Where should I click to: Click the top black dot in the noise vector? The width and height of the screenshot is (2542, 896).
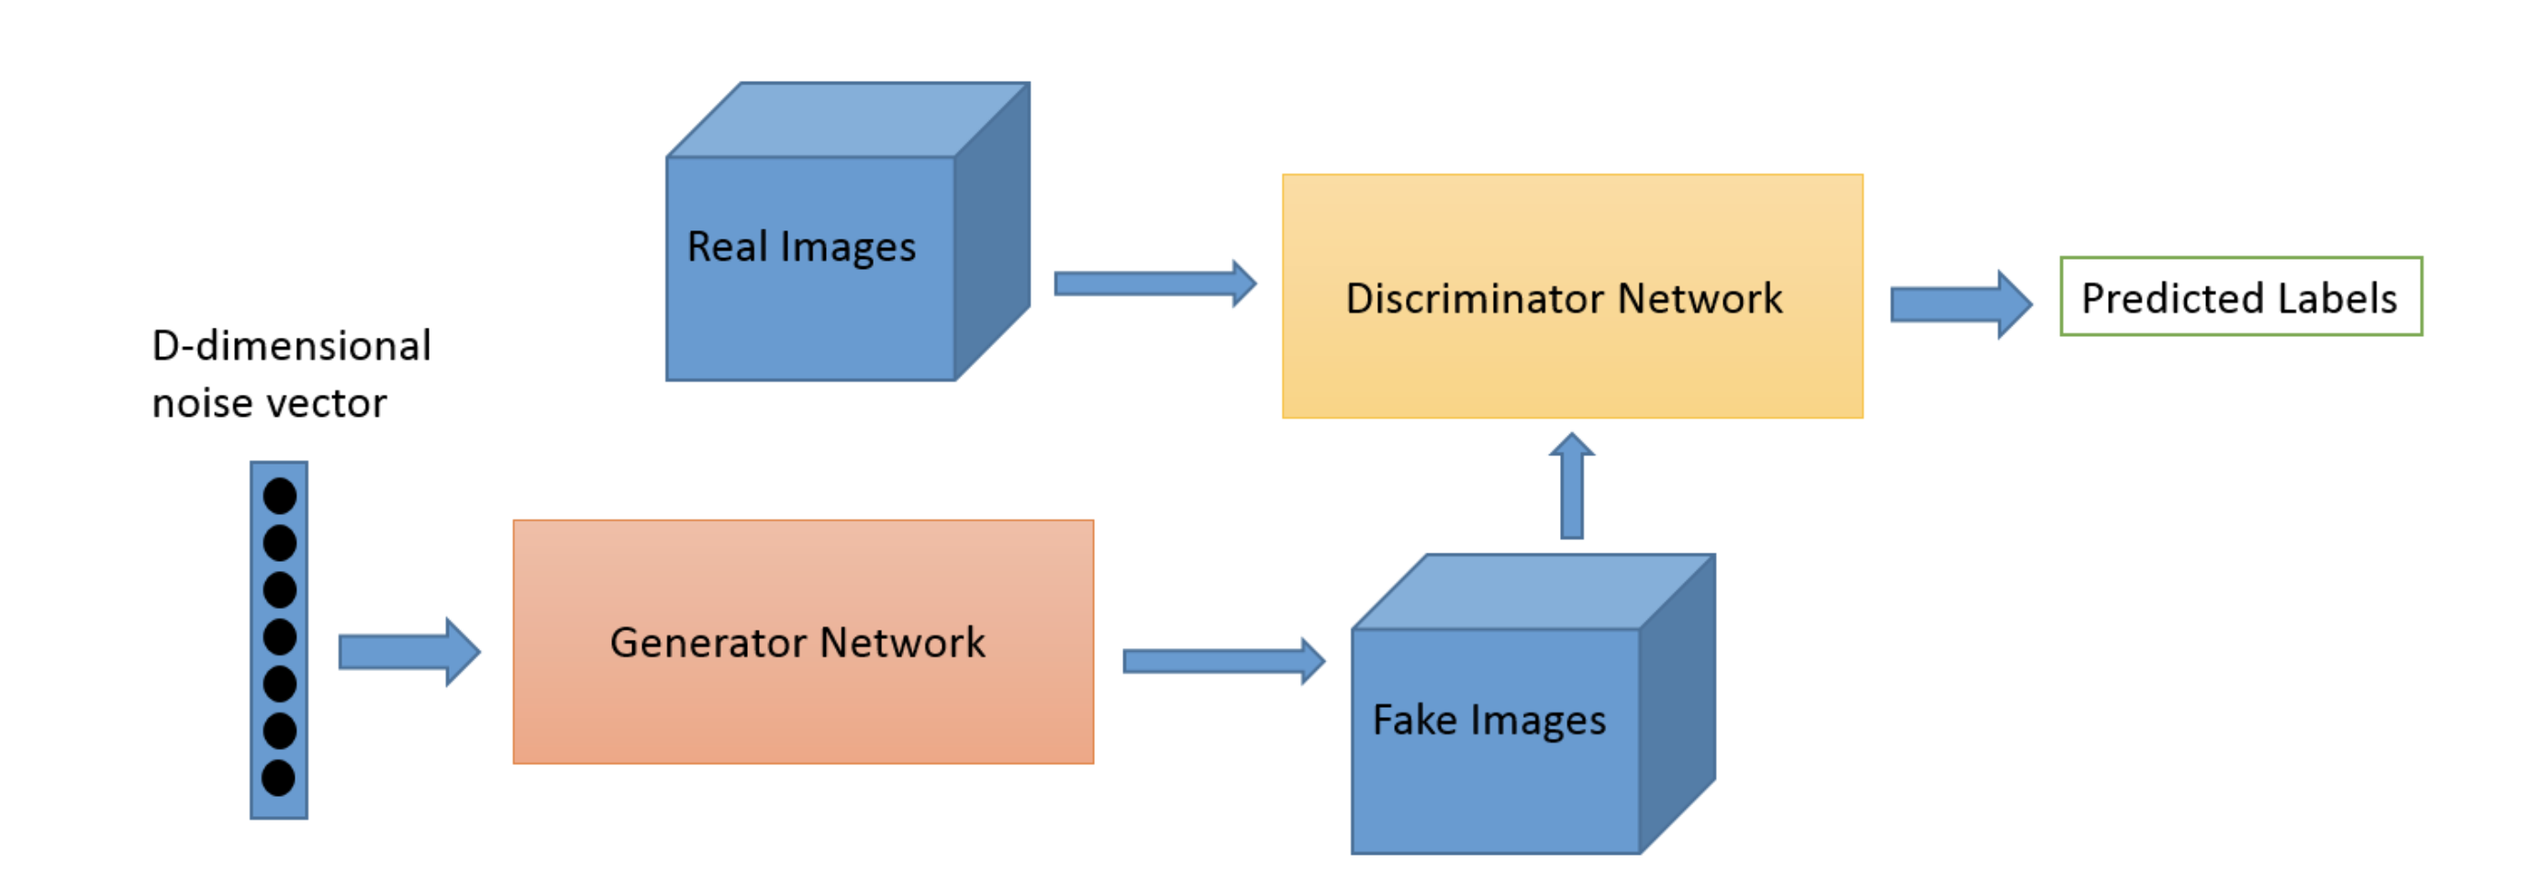pyautogui.click(x=279, y=496)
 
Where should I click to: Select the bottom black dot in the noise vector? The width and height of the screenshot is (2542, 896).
pyautogui.click(x=278, y=778)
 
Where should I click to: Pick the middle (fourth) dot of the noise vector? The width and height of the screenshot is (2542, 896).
pyautogui.click(x=279, y=636)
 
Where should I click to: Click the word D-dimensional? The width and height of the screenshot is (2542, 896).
pyautogui.click(x=291, y=346)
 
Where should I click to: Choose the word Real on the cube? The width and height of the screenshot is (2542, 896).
pyautogui.click(x=728, y=247)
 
